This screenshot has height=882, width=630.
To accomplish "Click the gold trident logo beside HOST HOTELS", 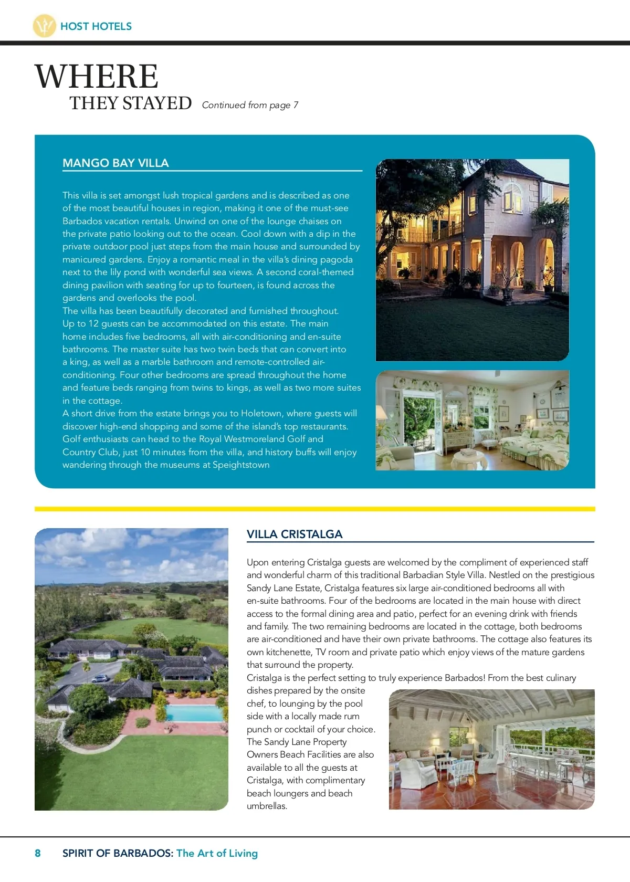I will tap(44, 26).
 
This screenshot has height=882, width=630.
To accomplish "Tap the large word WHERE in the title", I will tap(97, 76).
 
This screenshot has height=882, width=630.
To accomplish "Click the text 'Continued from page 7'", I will tap(250, 105).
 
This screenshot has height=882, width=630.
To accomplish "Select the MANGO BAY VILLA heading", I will tap(115, 163).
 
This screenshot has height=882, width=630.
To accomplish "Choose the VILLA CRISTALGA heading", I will tap(295, 534).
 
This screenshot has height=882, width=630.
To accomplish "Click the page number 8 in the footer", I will tap(38, 853).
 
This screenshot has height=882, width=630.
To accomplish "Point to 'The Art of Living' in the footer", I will tap(217, 853).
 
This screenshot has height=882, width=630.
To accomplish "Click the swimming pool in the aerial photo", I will tap(194, 713).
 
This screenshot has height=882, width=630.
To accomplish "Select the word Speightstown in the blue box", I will tap(241, 465).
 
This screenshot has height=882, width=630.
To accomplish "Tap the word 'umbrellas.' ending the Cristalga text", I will tap(267, 806).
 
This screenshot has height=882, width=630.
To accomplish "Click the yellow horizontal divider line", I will tap(315, 509).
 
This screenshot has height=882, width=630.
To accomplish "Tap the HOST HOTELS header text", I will tap(96, 26).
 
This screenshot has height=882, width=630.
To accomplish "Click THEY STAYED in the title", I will tap(131, 103).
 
